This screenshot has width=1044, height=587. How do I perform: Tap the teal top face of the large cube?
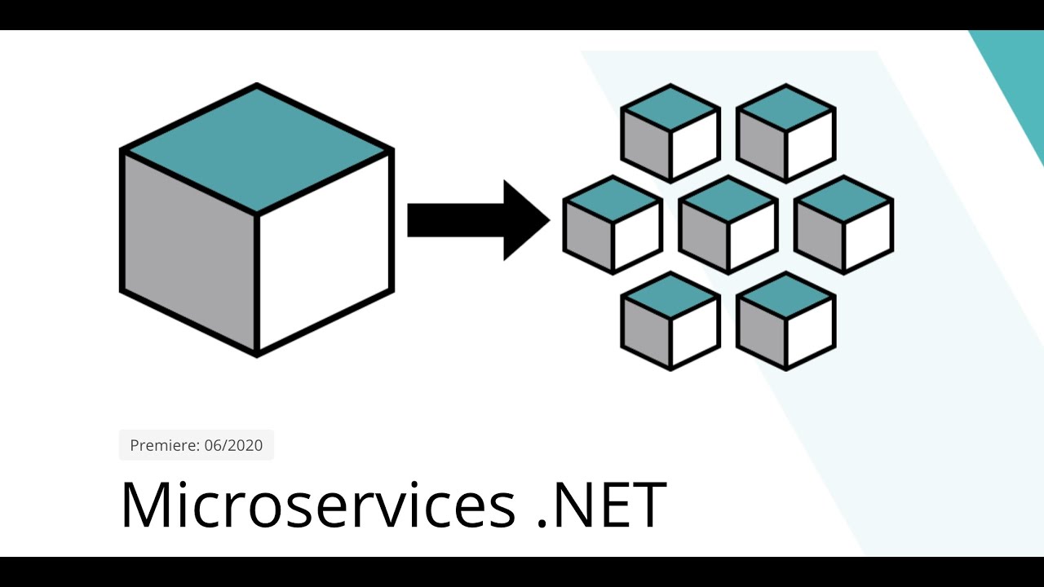257,148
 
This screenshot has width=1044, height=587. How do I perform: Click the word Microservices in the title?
318,505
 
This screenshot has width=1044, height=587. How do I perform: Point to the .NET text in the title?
602,505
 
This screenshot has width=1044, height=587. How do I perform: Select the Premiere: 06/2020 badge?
197,445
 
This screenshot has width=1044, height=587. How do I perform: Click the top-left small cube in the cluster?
670,133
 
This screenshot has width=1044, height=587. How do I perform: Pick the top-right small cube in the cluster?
785,133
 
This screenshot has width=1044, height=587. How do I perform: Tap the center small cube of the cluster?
728,225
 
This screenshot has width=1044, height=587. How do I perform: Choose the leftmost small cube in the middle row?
613,225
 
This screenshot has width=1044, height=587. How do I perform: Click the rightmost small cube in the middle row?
843,225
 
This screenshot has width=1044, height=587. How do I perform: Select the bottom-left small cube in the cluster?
670,320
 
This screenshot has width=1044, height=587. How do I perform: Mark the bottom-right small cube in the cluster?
785,320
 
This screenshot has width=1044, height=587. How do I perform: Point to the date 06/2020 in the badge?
233,445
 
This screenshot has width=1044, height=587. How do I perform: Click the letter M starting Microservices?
147,505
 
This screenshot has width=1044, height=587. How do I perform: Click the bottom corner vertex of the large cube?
257,354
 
